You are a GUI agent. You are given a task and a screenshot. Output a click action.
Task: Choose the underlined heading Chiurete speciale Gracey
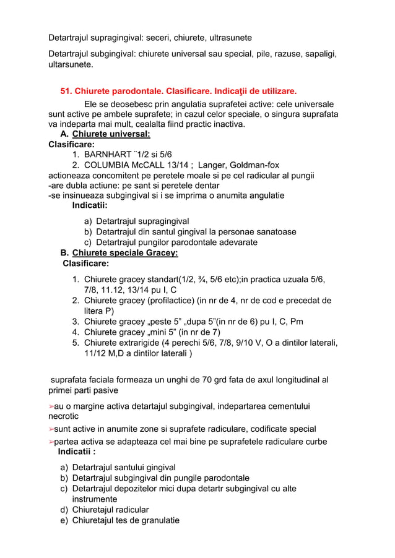click(x=125, y=253)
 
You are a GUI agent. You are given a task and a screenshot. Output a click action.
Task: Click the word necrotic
click(x=66, y=416)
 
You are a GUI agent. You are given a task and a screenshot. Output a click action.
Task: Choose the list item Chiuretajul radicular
click(x=110, y=509)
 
